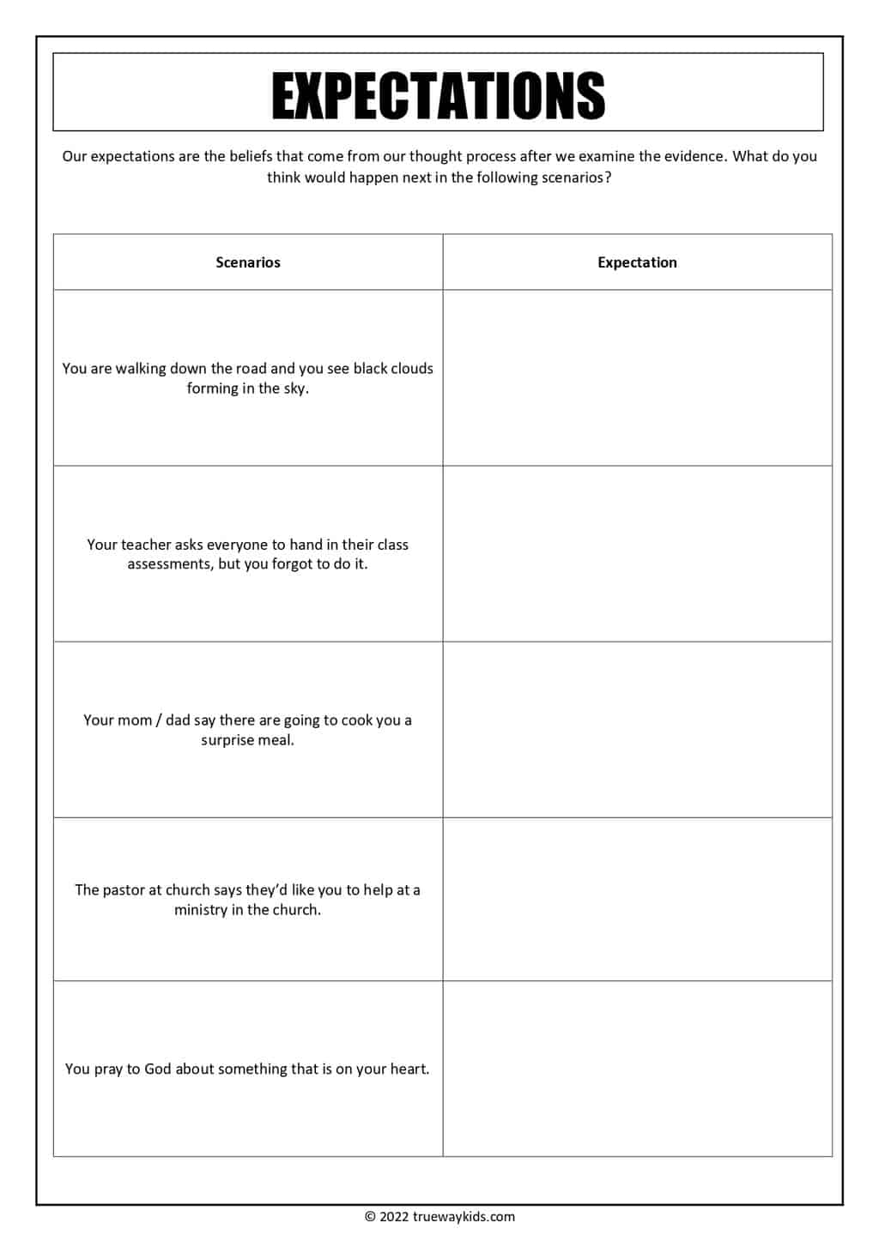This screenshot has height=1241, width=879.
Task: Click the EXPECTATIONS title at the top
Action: coord(439,94)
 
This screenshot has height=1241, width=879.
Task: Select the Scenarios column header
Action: coord(248,262)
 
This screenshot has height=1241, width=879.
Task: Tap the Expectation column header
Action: coord(637,262)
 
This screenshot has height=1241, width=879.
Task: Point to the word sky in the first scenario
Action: coord(295,389)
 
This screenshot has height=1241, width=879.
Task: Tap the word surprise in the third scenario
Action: coord(231,740)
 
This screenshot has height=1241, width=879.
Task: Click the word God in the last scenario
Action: coord(158,1069)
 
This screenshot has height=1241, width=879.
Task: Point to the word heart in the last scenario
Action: coord(409,1069)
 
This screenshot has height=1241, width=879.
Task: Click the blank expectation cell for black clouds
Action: coord(637,377)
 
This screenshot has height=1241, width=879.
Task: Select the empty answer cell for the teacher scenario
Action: coord(637,554)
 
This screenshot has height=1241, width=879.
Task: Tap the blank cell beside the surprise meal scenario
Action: coord(637,730)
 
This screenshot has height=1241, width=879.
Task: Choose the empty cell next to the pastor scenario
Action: coord(637,899)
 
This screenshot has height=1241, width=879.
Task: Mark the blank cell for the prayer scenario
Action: coord(637,1069)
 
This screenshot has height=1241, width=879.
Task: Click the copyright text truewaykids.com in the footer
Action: coord(439,1216)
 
